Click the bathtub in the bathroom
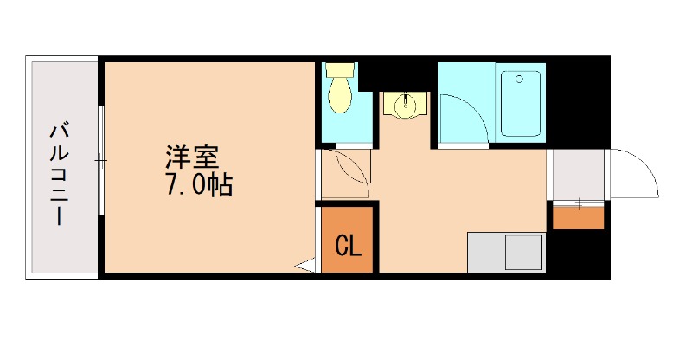pyautogui.click(x=521, y=104)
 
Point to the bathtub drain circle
pyautogui.click(x=520, y=80)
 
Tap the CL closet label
pyautogui.click(x=348, y=247)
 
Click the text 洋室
pyautogui.click(x=192, y=157)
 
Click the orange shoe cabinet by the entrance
pyautogui.click(x=578, y=216)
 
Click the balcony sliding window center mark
pyautogui.click(x=101, y=160)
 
